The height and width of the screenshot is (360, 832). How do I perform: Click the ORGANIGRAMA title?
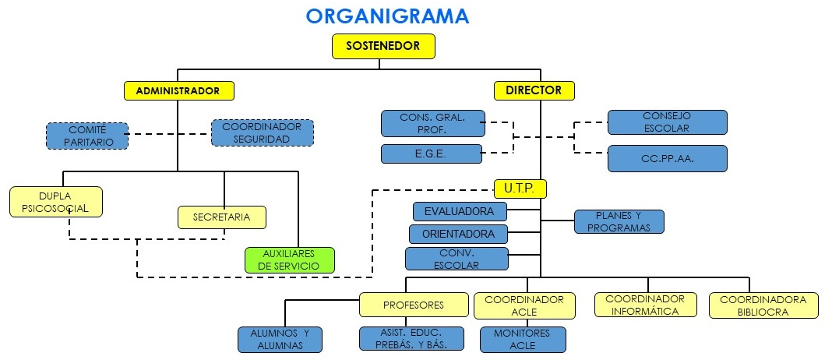point(387,16)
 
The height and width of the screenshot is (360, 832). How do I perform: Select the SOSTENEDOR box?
point(383,47)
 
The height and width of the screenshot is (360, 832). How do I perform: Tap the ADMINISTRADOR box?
point(179,91)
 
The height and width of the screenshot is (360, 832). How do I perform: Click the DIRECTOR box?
point(534,90)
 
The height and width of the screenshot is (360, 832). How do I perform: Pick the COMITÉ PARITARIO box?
point(86,136)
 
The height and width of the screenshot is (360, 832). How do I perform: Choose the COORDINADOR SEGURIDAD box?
point(262,132)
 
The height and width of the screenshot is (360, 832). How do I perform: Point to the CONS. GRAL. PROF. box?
point(432,123)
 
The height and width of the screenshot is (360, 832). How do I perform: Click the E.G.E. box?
point(431,154)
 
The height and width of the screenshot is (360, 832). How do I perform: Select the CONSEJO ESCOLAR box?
point(667,122)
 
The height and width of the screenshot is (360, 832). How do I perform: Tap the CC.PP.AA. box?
point(667,158)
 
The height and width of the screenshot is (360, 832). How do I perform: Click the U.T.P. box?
point(520,189)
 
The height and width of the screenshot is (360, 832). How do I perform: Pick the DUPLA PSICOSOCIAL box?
point(56,202)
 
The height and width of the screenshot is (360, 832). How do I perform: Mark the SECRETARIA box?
point(222,217)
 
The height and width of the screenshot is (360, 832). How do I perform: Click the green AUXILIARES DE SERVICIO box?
point(289,260)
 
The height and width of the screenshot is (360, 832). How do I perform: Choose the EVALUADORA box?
point(459,211)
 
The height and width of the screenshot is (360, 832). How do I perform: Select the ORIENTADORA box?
point(458,234)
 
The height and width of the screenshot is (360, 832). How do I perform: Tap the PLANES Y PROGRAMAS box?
point(619,222)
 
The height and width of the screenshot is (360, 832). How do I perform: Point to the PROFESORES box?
point(414,305)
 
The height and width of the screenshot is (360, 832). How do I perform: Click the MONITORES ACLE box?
point(523,340)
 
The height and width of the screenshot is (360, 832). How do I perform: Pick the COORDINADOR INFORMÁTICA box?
point(644,305)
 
